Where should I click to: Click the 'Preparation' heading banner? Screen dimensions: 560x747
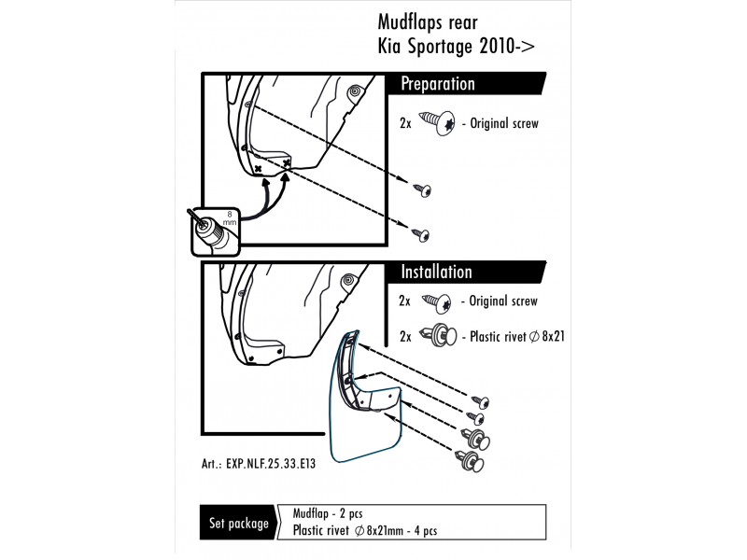click(439, 85)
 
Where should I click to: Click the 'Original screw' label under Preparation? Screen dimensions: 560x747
click(505, 122)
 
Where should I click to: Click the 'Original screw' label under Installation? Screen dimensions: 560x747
click(503, 301)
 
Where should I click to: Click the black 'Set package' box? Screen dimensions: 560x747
click(238, 524)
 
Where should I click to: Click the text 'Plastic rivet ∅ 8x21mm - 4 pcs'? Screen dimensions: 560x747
click(365, 531)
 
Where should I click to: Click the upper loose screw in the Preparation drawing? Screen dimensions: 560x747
click(425, 190)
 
